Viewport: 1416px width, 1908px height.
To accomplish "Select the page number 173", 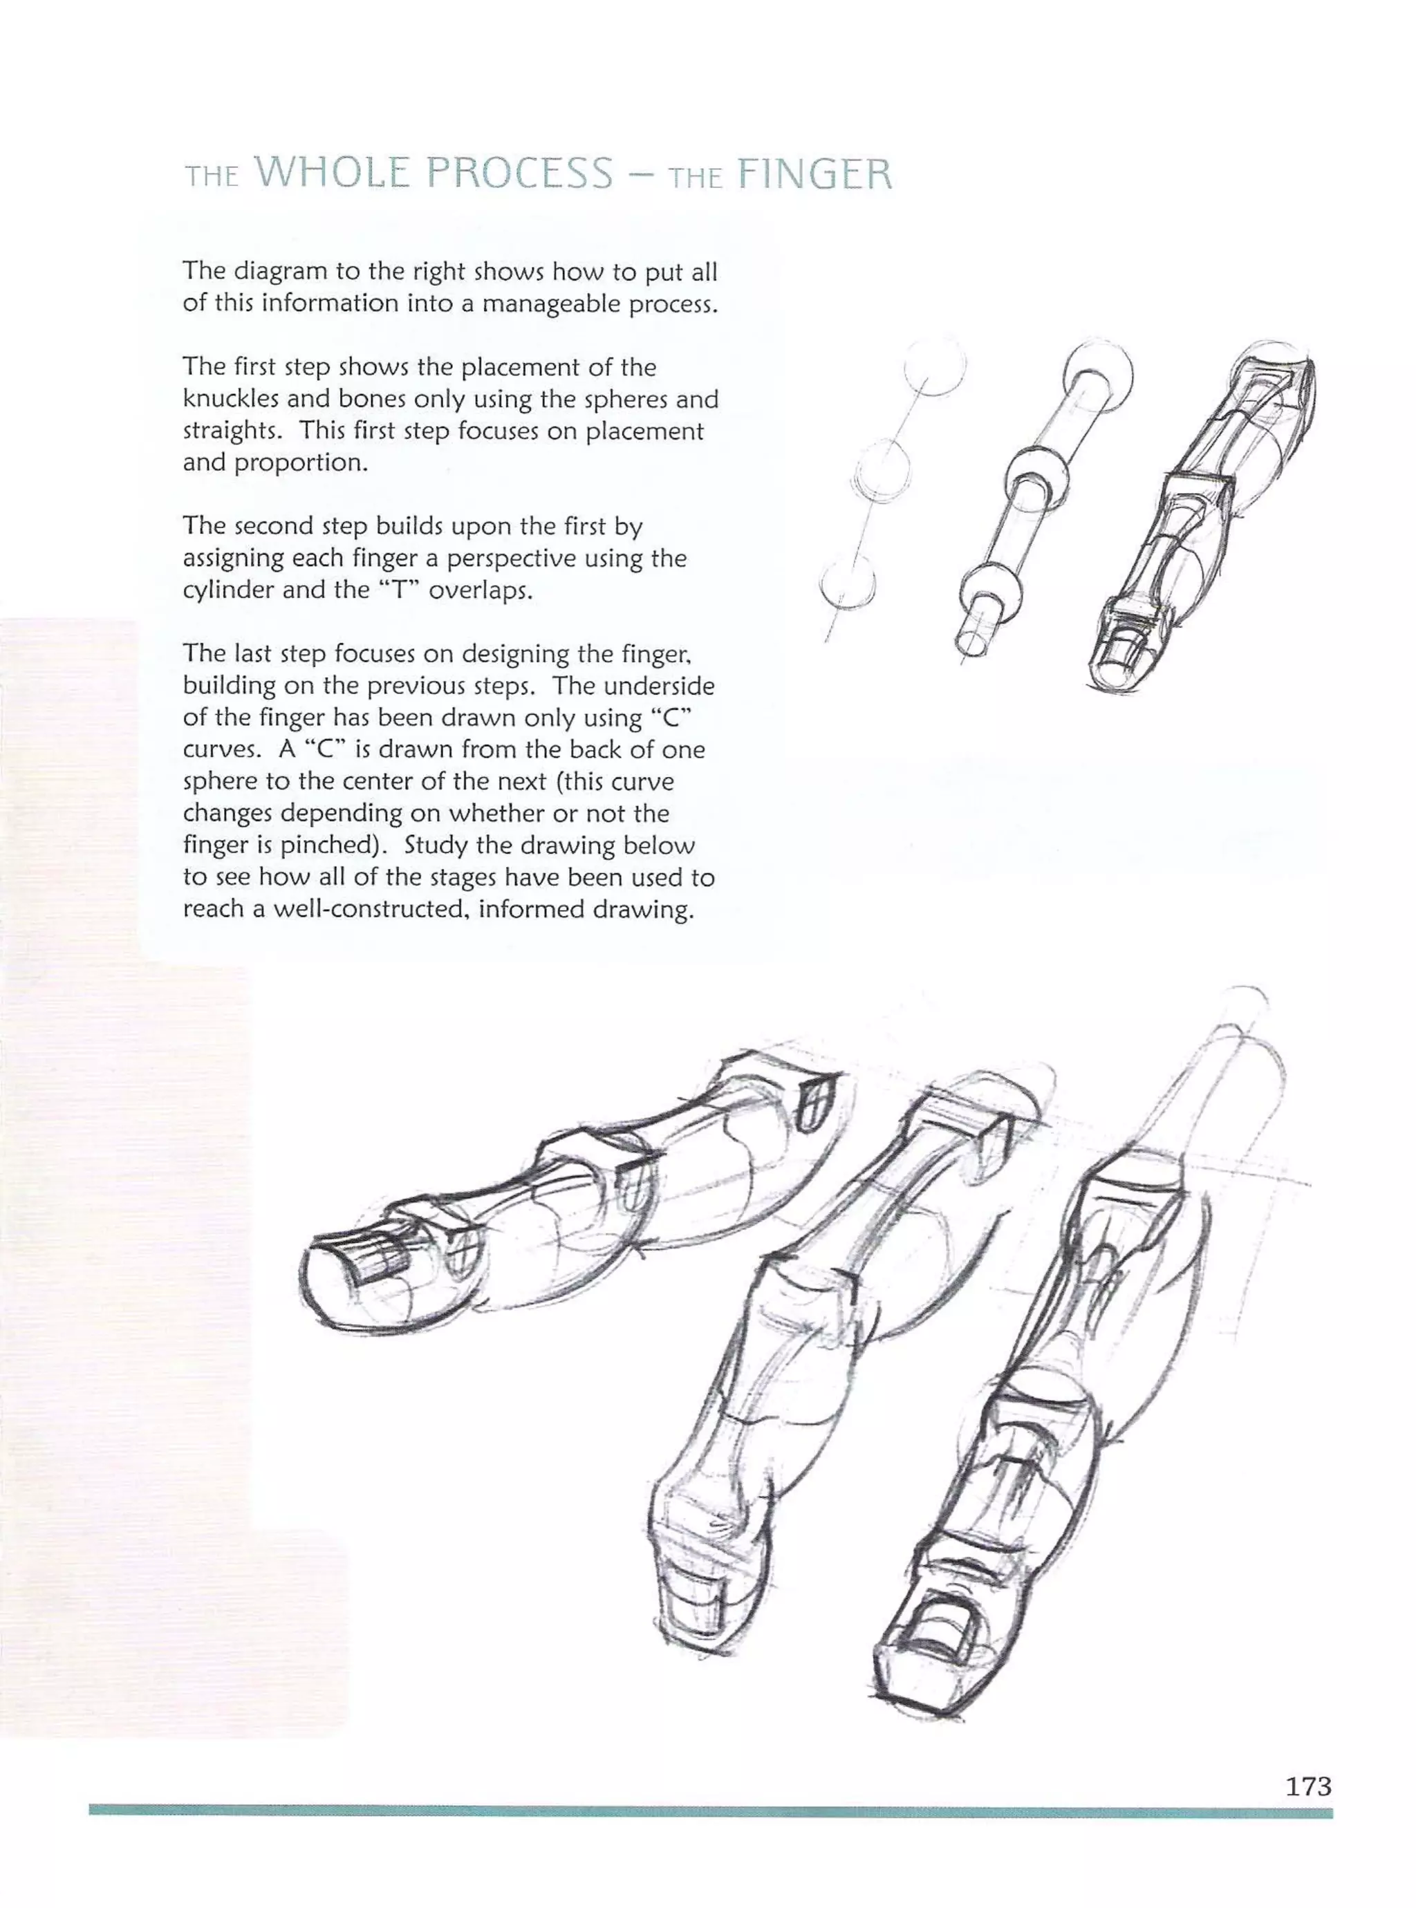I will point(1308,1786).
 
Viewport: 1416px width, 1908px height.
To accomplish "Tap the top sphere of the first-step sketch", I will point(935,366).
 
